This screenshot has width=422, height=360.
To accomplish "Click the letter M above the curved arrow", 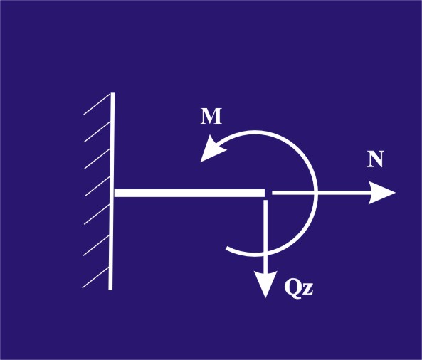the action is point(211,116).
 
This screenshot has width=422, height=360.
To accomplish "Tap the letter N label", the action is point(375,159).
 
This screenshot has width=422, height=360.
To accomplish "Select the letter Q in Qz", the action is point(292,289).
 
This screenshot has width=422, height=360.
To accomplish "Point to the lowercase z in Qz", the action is point(307,290).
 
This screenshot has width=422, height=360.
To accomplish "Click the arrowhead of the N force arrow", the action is point(382,193).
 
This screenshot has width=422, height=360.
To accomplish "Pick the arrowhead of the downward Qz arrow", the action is point(265,285).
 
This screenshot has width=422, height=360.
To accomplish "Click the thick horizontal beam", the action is point(189,193).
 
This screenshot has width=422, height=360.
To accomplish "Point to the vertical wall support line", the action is point(112,191).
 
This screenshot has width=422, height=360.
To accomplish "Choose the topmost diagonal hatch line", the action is point(97,105).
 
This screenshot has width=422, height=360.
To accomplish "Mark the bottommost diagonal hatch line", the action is point(96,277).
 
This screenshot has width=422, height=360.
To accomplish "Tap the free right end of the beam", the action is point(264,193).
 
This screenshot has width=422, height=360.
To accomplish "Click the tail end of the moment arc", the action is point(227,248).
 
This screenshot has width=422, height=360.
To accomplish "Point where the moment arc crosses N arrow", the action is point(316,193).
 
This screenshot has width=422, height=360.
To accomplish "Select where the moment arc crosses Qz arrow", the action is point(265,254).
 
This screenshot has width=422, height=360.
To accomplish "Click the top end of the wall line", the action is point(112,93).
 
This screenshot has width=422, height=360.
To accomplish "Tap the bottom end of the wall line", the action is point(110,290).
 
